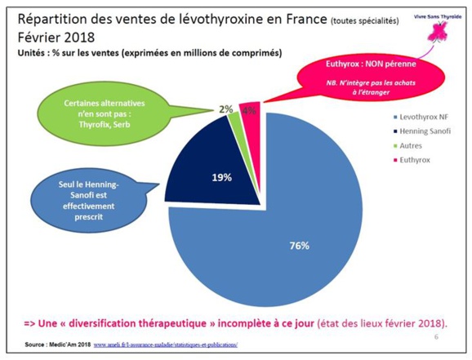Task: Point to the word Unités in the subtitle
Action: pyautogui.click(x=35, y=54)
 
